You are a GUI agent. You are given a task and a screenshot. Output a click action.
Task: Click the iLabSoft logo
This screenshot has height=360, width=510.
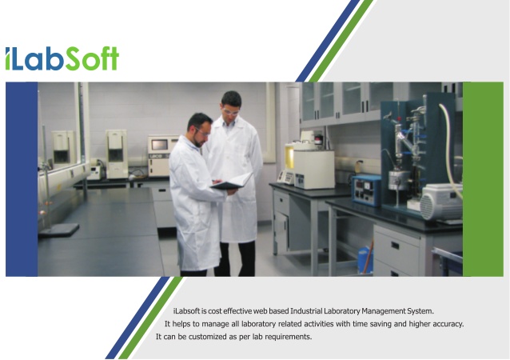(x=62, y=58)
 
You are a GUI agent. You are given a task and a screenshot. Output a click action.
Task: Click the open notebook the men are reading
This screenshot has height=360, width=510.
(x=232, y=182)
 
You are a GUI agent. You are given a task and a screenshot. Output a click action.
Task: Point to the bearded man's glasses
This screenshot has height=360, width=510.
(x=202, y=133)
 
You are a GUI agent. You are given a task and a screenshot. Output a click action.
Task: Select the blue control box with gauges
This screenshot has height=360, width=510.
(x=367, y=190)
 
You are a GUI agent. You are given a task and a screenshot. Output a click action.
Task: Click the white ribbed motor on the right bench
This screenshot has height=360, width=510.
(x=441, y=202)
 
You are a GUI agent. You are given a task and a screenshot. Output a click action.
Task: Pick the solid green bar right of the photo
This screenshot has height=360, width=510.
(x=483, y=179)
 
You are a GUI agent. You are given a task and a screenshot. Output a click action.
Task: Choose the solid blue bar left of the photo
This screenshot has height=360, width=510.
(x=22, y=179)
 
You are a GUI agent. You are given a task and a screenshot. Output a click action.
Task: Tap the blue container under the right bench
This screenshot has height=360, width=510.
(x=365, y=260)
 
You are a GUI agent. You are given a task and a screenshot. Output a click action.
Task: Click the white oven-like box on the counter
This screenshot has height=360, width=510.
(x=314, y=170)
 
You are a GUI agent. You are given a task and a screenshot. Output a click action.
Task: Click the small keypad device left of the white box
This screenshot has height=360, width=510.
(x=286, y=178)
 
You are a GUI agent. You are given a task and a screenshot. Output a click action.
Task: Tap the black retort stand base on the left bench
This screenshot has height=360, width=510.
(x=59, y=230)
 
